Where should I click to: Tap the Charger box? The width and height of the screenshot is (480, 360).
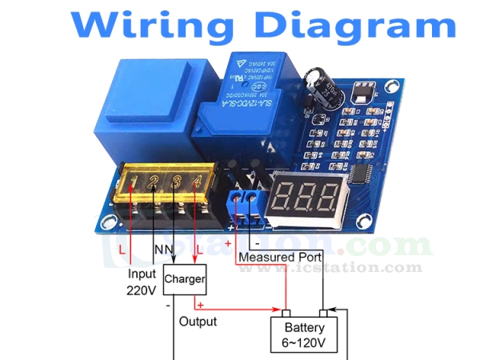(x=184, y=280)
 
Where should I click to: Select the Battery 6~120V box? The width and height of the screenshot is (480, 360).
(x=305, y=334)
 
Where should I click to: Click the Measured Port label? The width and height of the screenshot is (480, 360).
(x=280, y=258)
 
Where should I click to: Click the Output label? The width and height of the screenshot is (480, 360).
(x=198, y=321)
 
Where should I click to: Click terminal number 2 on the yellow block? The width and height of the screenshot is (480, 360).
(x=155, y=182)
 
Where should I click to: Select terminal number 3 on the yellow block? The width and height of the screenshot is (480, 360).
(x=176, y=182)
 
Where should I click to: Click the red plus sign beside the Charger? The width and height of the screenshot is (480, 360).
(x=200, y=305)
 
